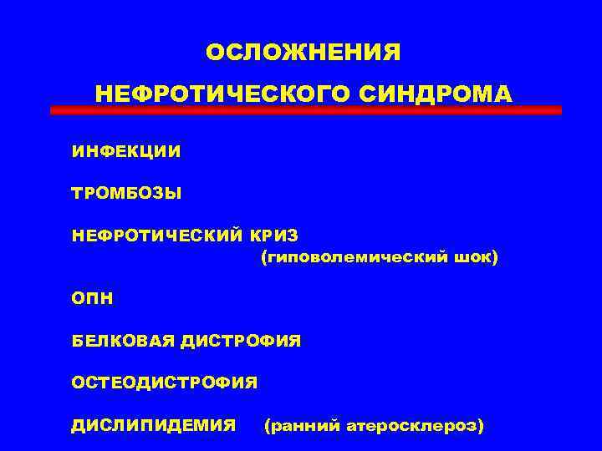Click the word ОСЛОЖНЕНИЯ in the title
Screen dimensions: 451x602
pos(304,52)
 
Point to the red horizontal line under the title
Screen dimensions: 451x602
pos(305,110)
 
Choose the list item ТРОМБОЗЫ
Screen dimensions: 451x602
pos(126,194)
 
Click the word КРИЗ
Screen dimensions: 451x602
pos(277,236)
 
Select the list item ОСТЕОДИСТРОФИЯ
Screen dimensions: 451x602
pos(165,383)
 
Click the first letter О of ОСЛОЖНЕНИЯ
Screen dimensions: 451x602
pos(214,52)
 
